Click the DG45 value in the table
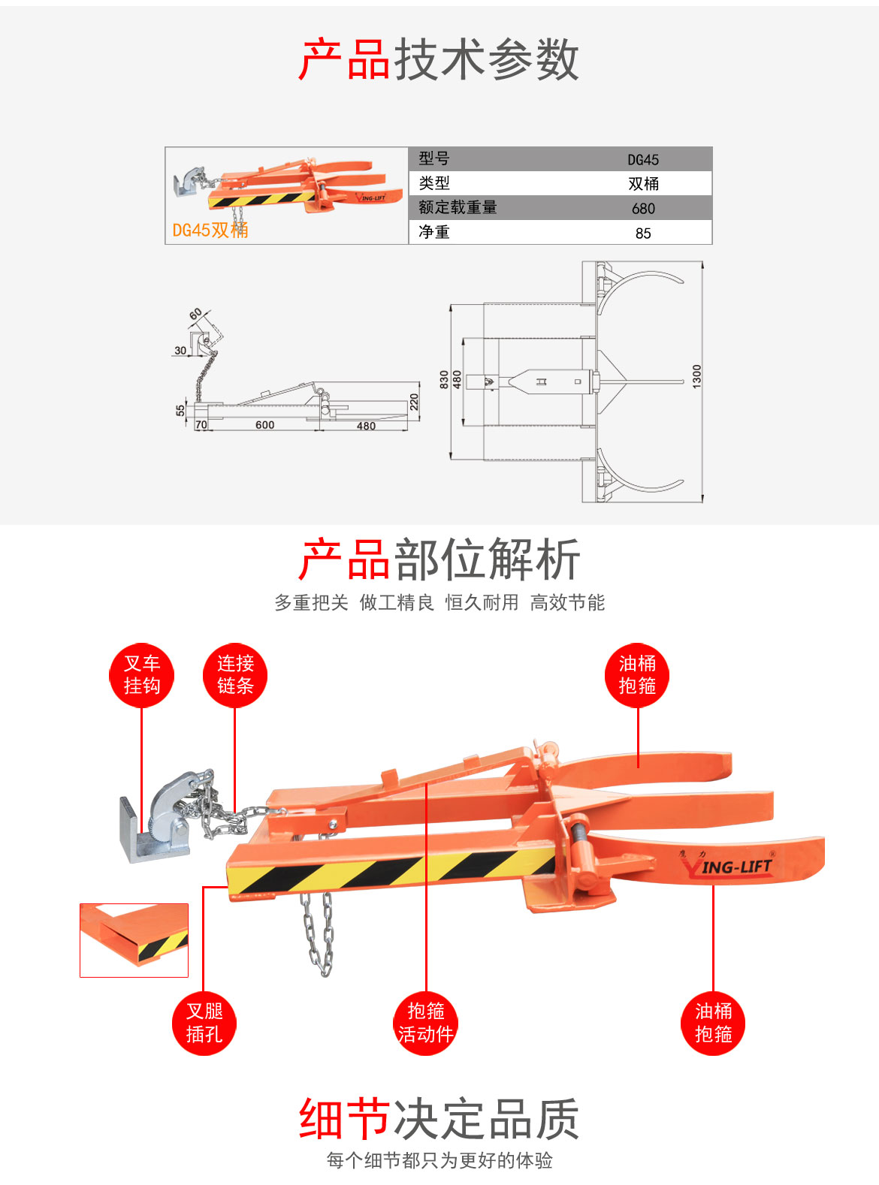643,159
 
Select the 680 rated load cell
643,208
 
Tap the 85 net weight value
643,233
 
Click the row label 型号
434,158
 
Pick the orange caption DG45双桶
210,230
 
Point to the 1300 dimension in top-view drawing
696,375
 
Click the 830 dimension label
444,379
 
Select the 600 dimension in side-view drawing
264,425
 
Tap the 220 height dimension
414,402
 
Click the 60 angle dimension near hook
195,314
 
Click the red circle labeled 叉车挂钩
141,674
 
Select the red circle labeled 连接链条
235,674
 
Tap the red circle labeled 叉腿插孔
204,1023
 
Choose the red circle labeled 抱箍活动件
425,1023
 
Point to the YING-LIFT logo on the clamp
727,867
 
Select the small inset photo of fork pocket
134,939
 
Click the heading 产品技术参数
439,59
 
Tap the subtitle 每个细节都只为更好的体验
439,1160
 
